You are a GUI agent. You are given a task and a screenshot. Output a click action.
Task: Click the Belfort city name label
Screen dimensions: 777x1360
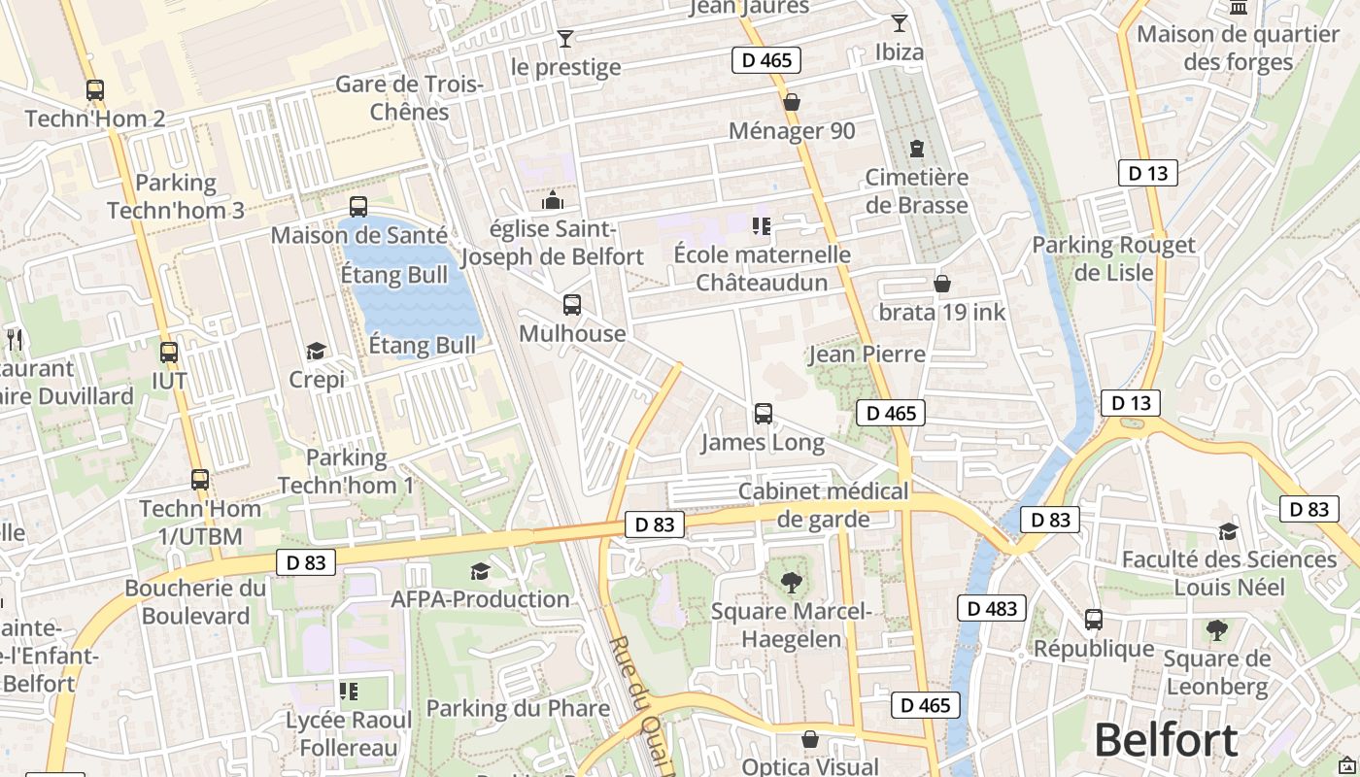pos(1166,740)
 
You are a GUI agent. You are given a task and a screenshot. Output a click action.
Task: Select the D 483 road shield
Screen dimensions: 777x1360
pos(992,609)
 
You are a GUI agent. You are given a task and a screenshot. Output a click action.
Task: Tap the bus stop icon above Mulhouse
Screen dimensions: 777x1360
pos(572,305)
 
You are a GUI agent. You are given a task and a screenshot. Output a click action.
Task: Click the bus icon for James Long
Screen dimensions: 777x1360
pos(764,414)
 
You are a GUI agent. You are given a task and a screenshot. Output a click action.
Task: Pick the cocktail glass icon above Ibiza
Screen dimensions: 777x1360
pos(900,22)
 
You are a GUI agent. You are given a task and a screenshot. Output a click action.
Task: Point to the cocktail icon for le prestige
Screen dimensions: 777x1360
pos(565,39)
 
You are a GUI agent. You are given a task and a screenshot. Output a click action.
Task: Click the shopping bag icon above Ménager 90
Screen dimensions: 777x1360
pos(792,102)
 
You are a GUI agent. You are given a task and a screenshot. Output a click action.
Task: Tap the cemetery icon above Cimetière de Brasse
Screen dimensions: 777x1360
pos(916,149)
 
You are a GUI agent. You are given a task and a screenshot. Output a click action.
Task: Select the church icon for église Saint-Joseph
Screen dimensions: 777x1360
pos(553,201)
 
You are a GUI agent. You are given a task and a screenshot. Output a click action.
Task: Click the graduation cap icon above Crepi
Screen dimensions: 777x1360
pos(316,351)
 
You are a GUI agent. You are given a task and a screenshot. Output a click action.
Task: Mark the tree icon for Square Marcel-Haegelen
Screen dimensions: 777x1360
pos(792,583)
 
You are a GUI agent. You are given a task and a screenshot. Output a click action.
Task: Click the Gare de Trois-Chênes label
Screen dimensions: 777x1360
pos(409,97)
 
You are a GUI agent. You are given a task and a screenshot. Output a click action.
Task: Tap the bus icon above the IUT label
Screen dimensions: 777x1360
pos(169,353)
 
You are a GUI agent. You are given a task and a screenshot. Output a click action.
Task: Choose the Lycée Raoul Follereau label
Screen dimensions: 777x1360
pos(349,734)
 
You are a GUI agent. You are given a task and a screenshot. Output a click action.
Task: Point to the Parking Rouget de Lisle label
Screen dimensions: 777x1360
pos(1113,258)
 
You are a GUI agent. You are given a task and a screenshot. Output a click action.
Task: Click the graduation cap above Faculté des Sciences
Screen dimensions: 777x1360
pos(1229,531)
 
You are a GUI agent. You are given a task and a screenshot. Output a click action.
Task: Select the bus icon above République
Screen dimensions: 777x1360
pos(1094,619)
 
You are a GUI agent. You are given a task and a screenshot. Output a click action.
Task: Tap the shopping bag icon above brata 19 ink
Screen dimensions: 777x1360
pos(941,284)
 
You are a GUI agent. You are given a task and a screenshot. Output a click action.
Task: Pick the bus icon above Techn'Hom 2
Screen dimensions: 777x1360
pos(95,90)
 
